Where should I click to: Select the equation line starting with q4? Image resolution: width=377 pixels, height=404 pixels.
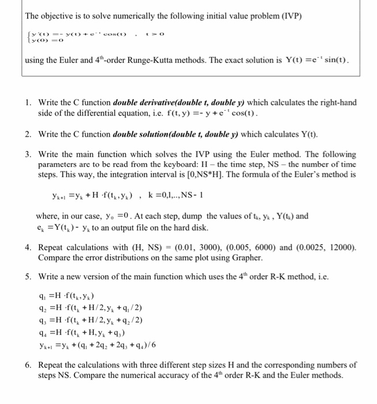point(81,332)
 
